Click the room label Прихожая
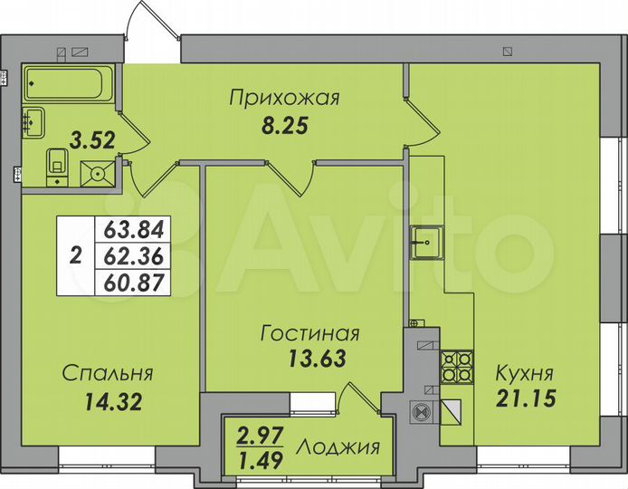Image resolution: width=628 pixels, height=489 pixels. pyautogui.click(x=284, y=98)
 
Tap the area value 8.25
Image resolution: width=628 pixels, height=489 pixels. pyautogui.click(x=284, y=127)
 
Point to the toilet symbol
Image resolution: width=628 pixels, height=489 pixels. pyautogui.click(x=58, y=164)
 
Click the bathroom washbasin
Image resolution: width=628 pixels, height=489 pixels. pyautogui.click(x=36, y=121)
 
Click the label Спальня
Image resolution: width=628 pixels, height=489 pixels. pyautogui.click(x=108, y=373)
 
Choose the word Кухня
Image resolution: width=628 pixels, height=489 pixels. pyautogui.click(x=524, y=373)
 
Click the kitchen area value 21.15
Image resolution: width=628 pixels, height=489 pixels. pyautogui.click(x=525, y=397)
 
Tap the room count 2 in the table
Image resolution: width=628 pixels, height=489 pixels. pyautogui.click(x=75, y=255)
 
